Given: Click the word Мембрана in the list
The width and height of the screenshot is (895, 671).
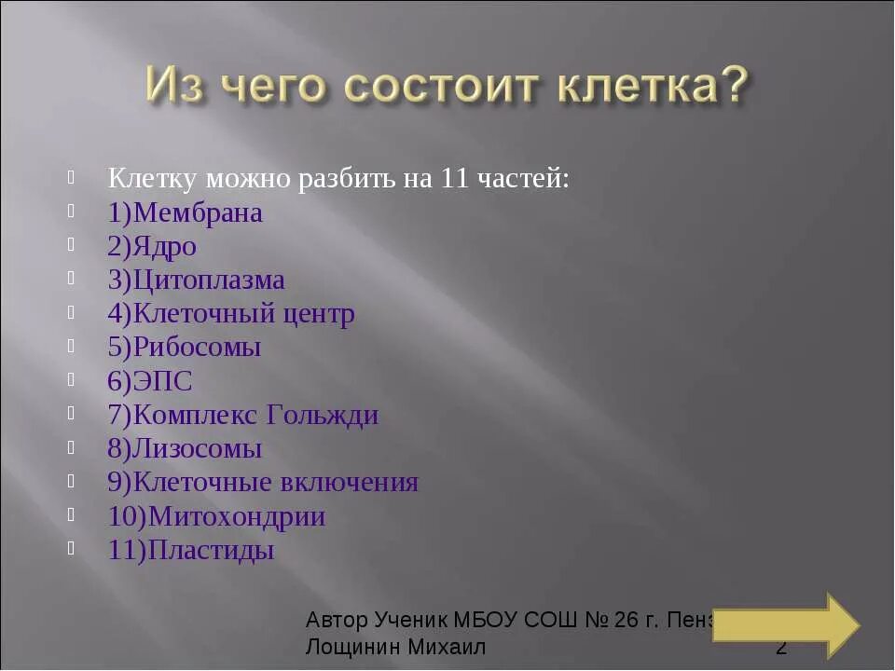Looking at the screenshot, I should (199, 213).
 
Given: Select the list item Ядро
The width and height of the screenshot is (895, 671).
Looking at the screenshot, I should (165, 247).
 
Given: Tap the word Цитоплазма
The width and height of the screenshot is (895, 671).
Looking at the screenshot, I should (209, 281).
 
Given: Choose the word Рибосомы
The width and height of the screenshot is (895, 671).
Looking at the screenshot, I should (198, 348).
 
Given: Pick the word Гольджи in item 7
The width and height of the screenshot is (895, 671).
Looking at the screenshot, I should (323, 415).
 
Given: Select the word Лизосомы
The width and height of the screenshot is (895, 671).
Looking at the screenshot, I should (198, 449).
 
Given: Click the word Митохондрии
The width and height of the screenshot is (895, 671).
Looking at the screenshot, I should (237, 516).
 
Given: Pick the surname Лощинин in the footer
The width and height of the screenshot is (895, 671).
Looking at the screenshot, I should (353, 646).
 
